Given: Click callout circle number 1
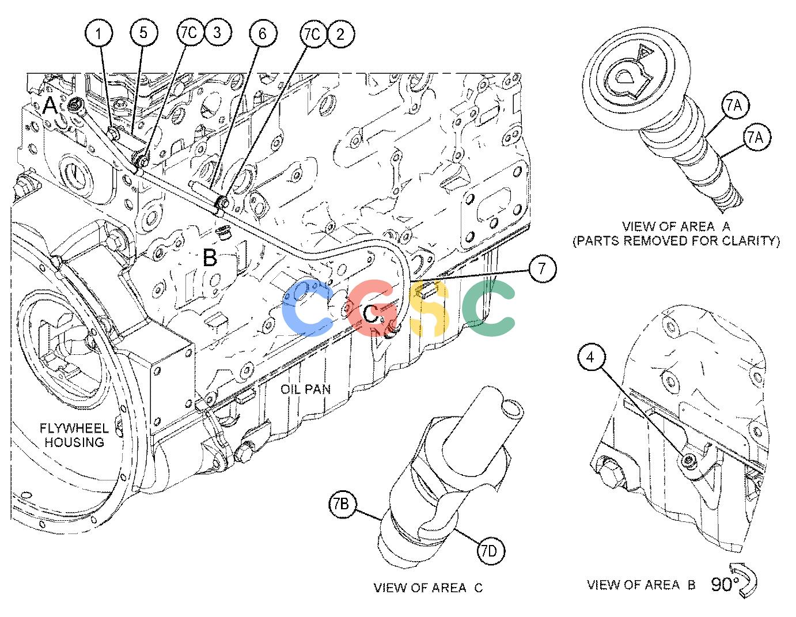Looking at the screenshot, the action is pyautogui.click(x=98, y=34).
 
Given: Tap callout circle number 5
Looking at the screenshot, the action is pyautogui.click(x=143, y=33).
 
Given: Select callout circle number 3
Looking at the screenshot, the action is pyautogui.click(x=217, y=33).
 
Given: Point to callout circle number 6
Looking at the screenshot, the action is pyautogui.click(x=263, y=34).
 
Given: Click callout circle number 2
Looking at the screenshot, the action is pyautogui.click(x=340, y=35).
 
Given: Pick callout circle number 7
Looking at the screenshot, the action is pyautogui.click(x=542, y=268).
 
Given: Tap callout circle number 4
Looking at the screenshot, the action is pyautogui.click(x=590, y=357).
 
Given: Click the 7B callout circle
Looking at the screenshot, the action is pyautogui.click(x=343, y=504).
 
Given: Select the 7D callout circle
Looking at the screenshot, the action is pyautogui.click(x=491, y=551).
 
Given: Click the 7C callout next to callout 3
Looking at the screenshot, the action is pyautogui.click(x=189, y=33).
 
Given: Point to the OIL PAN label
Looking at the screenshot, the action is pyautogui.click(x=305, y=389).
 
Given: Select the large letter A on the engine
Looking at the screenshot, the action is pyautogui.click(x=51, y=106).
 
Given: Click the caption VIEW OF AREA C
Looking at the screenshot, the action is pyautogui.click(x=428, y=588).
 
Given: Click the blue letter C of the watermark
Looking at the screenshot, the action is pyautogui.click(x=307, y=308).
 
